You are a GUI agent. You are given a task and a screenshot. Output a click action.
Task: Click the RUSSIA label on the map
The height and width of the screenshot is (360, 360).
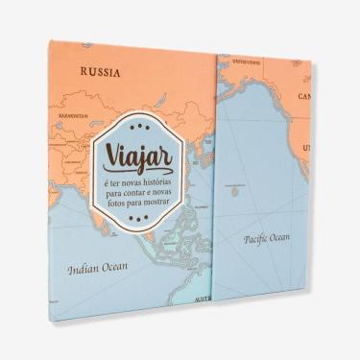[102, 70]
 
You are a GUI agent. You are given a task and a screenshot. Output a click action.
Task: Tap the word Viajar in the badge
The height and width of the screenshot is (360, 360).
[147, 156]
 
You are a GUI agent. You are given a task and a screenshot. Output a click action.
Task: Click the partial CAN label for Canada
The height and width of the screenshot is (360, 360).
[305, 97]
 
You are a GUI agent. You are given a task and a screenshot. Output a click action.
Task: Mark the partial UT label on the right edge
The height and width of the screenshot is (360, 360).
[306, 148]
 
